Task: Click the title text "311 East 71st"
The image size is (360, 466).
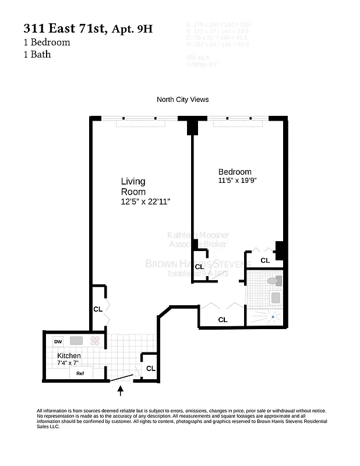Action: (x=64, y=29)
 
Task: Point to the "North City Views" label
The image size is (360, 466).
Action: (x=182, y=100)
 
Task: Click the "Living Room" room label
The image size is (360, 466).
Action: (x=133, y=186)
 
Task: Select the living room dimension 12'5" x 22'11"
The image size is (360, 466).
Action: (x=146, y=202)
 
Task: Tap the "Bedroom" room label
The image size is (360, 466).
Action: (x=235, y=172)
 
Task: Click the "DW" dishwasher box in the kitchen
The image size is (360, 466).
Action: (x=58, y=341)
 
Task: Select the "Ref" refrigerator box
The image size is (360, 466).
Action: (x=81, y=373)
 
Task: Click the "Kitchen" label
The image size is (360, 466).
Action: (x=69, y=356)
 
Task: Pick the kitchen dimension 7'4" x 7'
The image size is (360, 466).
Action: (x=68, y=363)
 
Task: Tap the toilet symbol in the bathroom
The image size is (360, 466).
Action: (x=273, y=281)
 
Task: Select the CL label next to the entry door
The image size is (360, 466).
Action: (x=151, y=368)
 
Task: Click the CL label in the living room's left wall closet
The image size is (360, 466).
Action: (x=98, y=309)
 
